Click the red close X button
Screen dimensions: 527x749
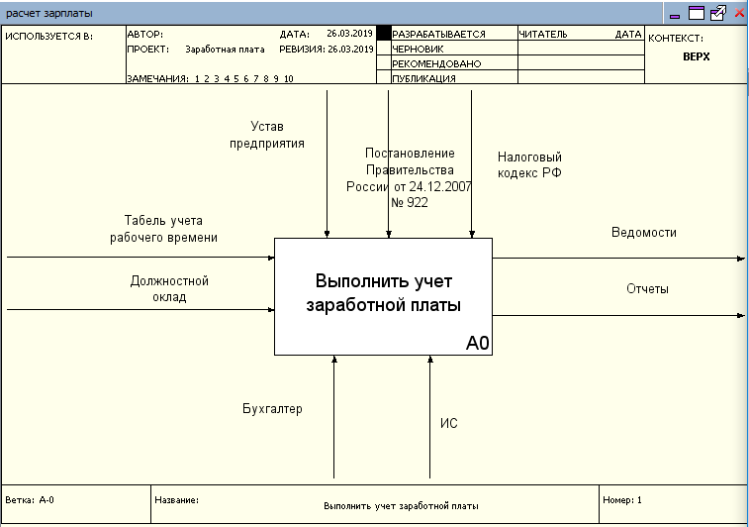739,14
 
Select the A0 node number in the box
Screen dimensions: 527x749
478,343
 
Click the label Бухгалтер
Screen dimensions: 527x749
272,408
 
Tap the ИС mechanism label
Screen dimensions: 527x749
448,424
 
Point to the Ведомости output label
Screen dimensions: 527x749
643,232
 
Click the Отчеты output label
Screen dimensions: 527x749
647,289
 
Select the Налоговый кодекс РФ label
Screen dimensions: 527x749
529,164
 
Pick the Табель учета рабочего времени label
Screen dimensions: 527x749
163,229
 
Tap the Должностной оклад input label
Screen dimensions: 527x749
169,288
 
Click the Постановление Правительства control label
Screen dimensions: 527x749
409,177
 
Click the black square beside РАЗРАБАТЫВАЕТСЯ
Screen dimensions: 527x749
384,34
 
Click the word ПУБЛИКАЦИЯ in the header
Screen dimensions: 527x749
423,78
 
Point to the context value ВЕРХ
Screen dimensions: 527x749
696,56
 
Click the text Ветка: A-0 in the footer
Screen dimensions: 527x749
30,500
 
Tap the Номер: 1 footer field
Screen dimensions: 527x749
622,500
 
